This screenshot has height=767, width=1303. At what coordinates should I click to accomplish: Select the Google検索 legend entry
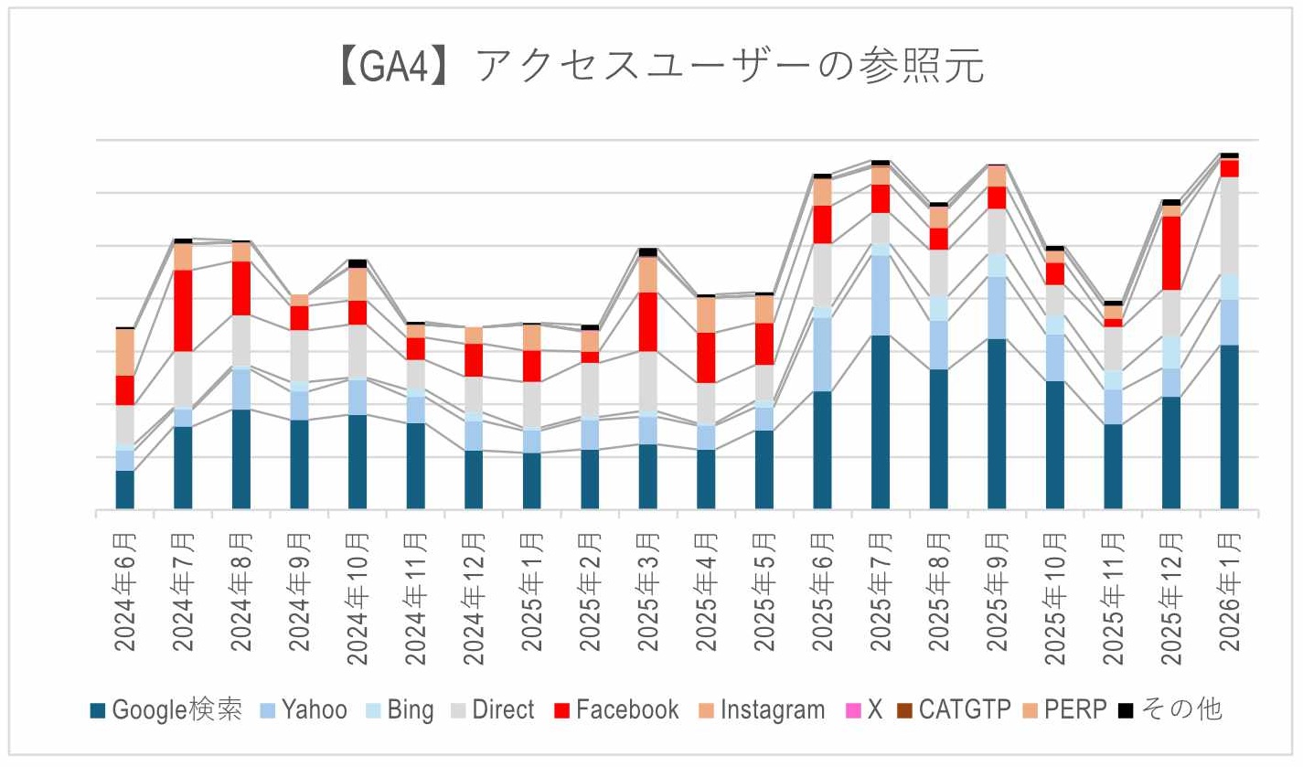point(166,709)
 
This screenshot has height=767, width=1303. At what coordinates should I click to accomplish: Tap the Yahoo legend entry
point(305,709)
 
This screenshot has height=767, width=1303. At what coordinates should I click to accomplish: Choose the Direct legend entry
point(494,709)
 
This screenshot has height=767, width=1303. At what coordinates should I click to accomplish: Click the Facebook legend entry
point(618,709)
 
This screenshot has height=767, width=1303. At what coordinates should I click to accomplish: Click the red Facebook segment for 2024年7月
point(183,311)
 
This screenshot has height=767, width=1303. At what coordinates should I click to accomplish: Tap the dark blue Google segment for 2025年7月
point(880,421)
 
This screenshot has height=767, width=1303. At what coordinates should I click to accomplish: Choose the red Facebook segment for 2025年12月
point(1170,253)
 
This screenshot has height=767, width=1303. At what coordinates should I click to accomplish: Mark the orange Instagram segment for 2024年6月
point(125,352)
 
